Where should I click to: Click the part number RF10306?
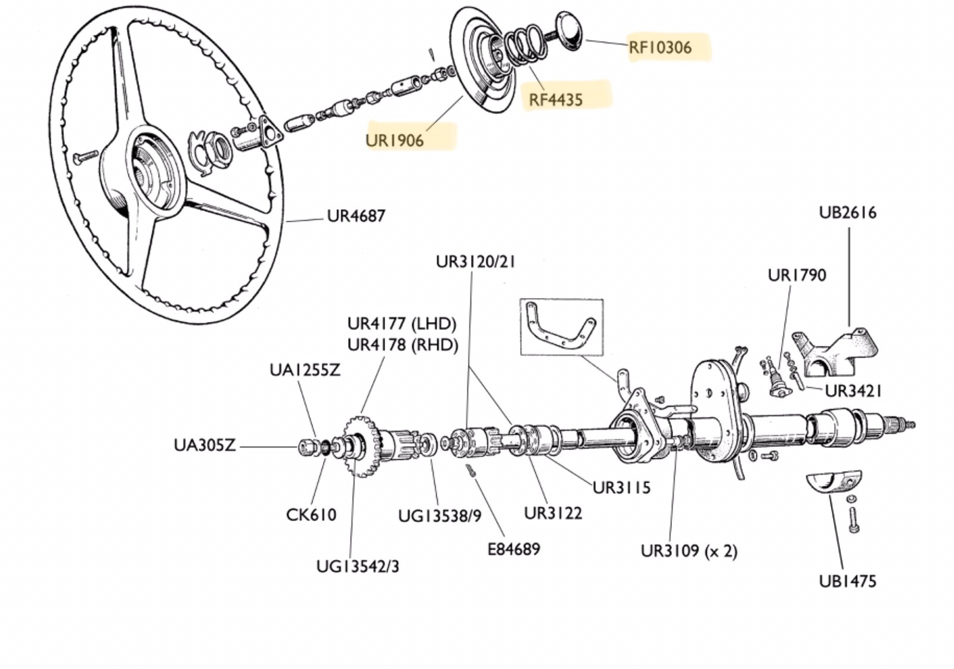pos(660,48)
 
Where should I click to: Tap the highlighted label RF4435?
pos(555,100)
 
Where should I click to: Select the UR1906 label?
pos(394,141)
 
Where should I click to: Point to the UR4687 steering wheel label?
pos(356,216)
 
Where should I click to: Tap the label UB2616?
pos(847,213)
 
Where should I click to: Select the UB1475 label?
pos(847,581)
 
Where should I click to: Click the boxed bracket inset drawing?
pos(561,327)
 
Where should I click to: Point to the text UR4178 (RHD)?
pos(402,345)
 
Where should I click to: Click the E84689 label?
pos(513,549)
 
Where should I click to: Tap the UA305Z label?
pos(204,445)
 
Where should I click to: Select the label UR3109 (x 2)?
pos(689,551)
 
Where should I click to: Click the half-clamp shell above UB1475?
pos(834,482)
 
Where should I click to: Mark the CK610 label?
pos(311,515)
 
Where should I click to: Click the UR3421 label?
pos(853,391)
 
